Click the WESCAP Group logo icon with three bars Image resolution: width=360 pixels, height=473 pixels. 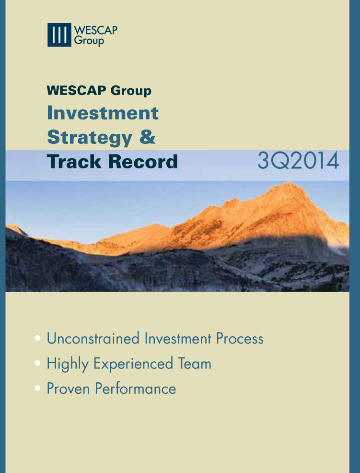click(59, 35)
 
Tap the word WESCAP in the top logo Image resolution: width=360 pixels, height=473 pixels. click(95, 30)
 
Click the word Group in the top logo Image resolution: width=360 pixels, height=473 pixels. click(89, 41)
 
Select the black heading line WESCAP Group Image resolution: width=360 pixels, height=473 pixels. click(99, 90)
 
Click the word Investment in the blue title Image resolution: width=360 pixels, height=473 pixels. click(103, 113)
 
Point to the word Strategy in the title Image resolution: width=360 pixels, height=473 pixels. click(89, 138)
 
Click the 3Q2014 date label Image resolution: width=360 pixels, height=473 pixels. click(298, 161)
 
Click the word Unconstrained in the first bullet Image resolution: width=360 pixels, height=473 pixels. click(93, 338)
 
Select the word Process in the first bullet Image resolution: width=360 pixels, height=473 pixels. click(239, 339)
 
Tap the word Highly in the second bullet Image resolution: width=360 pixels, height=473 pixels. click(68, 364)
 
